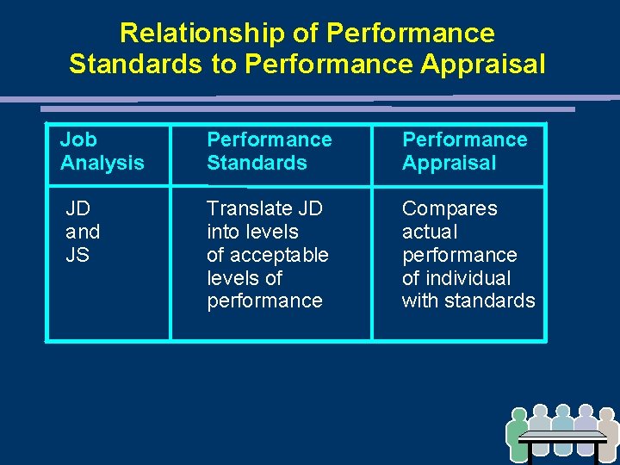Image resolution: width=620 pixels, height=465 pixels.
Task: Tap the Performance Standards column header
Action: (269, 152)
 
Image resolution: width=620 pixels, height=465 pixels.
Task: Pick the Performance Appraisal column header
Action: (464, 152)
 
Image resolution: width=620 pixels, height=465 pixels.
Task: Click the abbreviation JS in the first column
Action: (77, 255)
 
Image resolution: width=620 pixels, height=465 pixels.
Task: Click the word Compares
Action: (449, 208)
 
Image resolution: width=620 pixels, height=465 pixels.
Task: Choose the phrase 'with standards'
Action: (468, 301)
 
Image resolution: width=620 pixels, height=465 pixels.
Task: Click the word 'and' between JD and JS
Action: (83, 232)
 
